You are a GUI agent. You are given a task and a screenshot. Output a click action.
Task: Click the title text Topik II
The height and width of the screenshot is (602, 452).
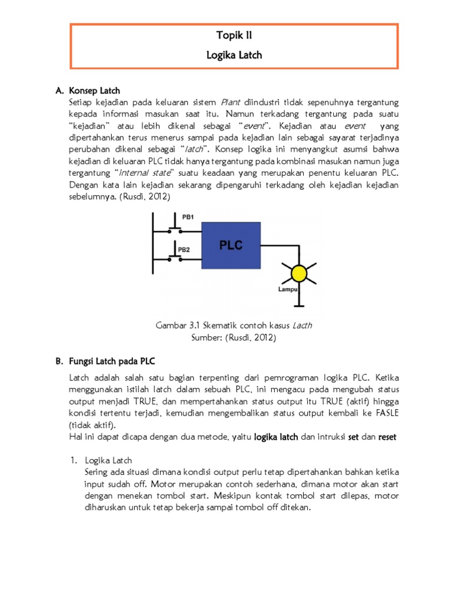pos(234,36)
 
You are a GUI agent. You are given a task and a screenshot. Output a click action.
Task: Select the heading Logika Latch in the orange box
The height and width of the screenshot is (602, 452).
pos(234,55)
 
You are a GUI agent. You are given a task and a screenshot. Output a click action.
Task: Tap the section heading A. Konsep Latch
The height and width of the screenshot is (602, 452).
pos(88,91)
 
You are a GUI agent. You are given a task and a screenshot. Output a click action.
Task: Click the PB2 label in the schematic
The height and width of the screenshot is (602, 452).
pos(184,249)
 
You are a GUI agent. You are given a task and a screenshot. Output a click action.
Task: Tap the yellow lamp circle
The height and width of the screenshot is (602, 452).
pos(300,273)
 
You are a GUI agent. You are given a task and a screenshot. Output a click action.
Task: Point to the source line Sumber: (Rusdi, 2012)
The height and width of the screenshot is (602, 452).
pos(234,337)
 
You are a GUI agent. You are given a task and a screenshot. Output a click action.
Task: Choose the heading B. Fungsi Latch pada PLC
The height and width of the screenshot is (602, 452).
pos(105,360)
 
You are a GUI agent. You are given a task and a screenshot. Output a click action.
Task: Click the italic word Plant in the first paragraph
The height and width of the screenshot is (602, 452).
pos(231,103)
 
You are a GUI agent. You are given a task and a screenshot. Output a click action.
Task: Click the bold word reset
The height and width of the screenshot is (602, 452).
pos(387,437)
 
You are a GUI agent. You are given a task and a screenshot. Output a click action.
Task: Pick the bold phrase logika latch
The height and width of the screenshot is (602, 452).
pos(276,437)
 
